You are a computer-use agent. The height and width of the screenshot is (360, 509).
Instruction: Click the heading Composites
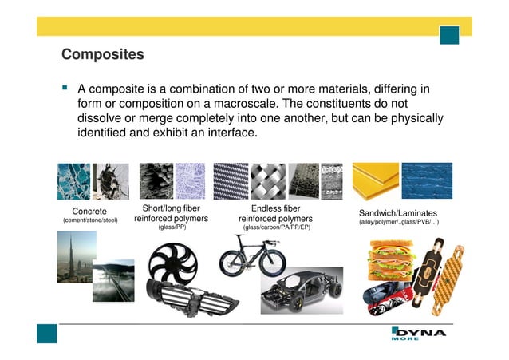click(103, 55)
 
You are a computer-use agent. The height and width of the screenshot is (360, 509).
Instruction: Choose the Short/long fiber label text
click(171, 208)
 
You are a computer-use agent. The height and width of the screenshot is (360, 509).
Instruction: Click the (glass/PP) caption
click(172, 227)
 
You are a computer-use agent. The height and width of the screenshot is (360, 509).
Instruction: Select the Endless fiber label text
click(275, 208)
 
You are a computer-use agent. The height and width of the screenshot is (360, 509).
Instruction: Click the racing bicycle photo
click(258, 255)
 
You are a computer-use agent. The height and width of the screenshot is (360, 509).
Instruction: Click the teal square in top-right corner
click(451, 35)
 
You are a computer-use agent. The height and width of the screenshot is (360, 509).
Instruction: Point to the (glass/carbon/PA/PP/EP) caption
click(276, 227)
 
